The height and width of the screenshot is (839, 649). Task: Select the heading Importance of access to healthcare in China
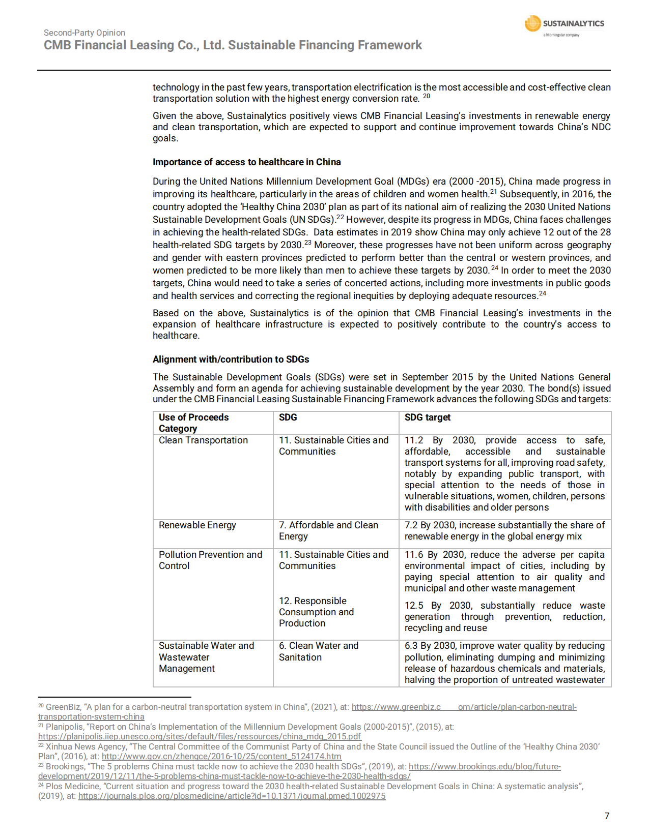(x=246, y=162)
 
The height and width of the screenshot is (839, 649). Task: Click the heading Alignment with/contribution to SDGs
(x=231, y=359)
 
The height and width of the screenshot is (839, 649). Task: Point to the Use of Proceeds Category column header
(x=193, y=423)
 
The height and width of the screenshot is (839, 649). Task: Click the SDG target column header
(x=427, y=417)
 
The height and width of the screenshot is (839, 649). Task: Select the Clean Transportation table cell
(x=203, y=440)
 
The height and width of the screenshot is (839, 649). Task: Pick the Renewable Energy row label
(x=197, y=525)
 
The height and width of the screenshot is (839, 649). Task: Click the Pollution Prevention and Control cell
(x=210, y=560)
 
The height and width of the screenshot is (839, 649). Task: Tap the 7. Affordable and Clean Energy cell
(x=328, y=531)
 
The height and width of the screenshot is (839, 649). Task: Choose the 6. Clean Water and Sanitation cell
(x=318, y=651)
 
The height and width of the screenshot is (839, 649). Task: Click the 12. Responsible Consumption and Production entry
(x=316, y=612)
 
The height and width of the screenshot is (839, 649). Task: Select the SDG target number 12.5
(x=413, y=606)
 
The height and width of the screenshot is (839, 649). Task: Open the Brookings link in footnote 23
(x=484, y=766)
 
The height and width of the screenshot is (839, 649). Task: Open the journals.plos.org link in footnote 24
(x=232, y=796)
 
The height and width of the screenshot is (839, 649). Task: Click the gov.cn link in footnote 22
(x=221, y=756)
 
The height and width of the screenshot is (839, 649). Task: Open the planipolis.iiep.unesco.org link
(x=200, y=736)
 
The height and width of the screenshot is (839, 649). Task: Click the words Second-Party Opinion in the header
(x=84, y=33)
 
